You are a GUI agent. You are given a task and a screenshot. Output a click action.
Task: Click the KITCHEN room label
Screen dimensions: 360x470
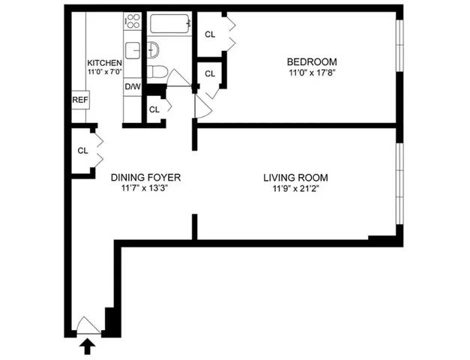tap(103, 62)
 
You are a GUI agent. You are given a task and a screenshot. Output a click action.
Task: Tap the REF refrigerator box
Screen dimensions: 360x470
tap(79, 100)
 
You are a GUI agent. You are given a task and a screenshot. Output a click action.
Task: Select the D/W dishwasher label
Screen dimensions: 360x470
tap(133, 86)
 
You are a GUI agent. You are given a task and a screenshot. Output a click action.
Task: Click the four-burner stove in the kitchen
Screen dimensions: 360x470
tap(132, 22)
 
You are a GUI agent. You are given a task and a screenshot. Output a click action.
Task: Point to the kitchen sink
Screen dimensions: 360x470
tap(132, 51)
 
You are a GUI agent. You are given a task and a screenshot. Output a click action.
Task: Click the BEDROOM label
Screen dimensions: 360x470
tap(312, 61)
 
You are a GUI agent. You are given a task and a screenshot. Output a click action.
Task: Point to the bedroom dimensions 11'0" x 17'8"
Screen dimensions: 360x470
tap(312, 73)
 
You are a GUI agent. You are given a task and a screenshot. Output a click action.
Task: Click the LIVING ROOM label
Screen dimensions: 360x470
tap(295, 178)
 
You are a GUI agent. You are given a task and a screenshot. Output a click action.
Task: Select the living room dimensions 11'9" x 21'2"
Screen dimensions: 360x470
tap(295, 189)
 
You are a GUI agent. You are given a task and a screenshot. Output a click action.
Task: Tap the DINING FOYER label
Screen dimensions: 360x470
tap(146, 178)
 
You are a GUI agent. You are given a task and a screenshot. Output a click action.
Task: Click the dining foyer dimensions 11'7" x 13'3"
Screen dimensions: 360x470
tap(146, 189)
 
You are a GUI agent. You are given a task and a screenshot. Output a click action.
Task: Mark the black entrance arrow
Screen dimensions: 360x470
tap(87, 345)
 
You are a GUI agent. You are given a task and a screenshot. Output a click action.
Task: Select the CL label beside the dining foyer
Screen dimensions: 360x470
tap(82, 150)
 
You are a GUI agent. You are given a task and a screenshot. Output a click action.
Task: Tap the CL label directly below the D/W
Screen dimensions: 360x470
tap(154, 109)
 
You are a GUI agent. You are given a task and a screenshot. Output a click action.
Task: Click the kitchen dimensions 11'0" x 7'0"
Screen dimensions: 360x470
tap(103, 73)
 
